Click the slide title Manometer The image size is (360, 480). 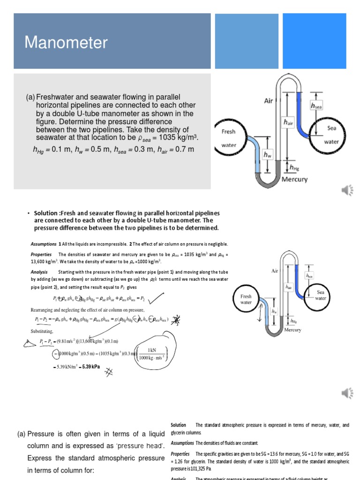click(66, 43)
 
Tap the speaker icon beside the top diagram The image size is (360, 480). click(347, 190)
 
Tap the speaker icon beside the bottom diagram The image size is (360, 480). click(347, 392)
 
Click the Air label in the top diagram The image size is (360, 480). click(269, 100)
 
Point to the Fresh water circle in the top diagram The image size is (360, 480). click(229, 138)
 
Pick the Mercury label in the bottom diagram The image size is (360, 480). click(293, 330)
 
